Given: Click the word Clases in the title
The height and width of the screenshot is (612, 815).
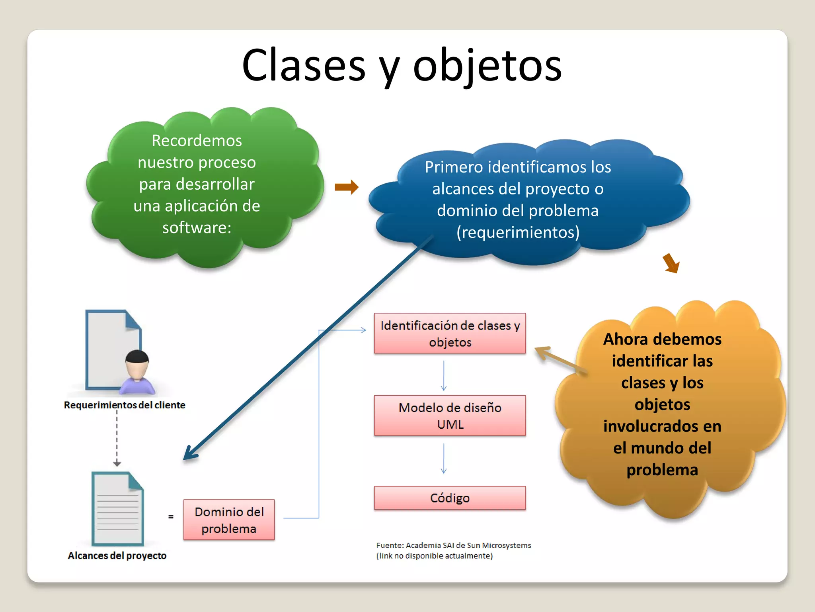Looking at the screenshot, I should point(303,66).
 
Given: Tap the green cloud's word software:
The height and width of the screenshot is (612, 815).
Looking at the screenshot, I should point(197,228).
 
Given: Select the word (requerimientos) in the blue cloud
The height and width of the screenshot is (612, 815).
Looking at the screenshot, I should point(518,232).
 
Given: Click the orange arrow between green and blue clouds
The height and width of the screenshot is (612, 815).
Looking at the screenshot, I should point(347,187).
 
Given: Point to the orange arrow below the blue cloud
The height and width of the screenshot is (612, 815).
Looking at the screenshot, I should point(672,263).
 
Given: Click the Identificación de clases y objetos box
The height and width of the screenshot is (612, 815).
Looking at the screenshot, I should point(450,333).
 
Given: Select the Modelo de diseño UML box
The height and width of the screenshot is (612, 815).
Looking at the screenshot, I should point(450,416).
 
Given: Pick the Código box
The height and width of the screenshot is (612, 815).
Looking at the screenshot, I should point(450,498).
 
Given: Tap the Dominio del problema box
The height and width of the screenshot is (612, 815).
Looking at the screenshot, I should point(229,520).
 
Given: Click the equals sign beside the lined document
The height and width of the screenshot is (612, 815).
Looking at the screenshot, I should point(171,517).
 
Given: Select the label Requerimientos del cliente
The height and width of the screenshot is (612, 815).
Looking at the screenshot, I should point(125,405).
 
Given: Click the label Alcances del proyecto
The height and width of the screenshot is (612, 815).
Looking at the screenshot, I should point(117,556).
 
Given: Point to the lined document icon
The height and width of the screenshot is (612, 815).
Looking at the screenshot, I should point(117,509).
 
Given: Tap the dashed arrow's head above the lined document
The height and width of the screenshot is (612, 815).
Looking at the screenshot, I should point(117,463).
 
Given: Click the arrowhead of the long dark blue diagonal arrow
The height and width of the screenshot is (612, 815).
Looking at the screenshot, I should point(189,454).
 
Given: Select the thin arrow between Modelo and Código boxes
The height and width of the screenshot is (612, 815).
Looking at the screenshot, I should point(444,459).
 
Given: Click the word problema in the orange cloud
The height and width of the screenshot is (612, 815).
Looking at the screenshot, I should point(662,470).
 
